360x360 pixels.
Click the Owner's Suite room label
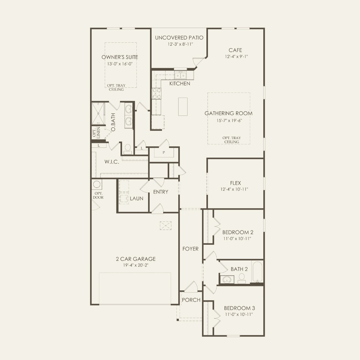[120, 57]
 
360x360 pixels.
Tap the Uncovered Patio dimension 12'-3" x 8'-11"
[180, 44]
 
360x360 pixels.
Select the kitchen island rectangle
[183, 107]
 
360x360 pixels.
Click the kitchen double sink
[181, 75]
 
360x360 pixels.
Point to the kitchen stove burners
[156, 94]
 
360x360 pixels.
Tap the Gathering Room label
[228, 114]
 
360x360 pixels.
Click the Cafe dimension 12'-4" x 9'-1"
[236, 57]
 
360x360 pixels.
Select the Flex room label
[235, 183]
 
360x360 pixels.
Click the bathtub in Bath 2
[257, 272]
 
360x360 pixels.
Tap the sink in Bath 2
[227, 280]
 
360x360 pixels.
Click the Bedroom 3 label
[240, 308]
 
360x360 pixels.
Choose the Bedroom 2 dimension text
[237, 239]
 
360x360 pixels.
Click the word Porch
[191, 300]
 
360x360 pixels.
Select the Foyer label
[190, 249]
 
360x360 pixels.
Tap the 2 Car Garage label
[136, 259]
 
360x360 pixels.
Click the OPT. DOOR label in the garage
[98, 195]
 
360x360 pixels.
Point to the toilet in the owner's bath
[128, 149]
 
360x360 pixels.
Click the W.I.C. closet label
[112, 162]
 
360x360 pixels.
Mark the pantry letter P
[164, 152]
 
